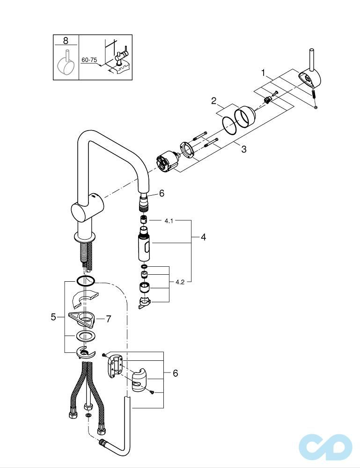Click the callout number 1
pyautogui.click(x=264, y=73)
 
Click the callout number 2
pyautogui.click(x=213, y=101)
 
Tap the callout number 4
pyautogui.click(x=203, y=237)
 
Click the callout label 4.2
pyautogui.click(x=180, y=282)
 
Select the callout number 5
pyautogui.click(x=53, y=317)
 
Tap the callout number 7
pyautogui.click(x=108, y=319)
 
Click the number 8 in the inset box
pyautogui.click(x=66, y=41)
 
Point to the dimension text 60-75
pyautogui.click(x=89, y=60)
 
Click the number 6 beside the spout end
pyautogui.click(x=162, y=193)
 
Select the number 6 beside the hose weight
pyautogui.click(x=175, y=373)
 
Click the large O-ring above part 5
pyautogui.click(x=85, y=281)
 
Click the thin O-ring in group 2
pyautogui.click(x=229, y=125)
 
